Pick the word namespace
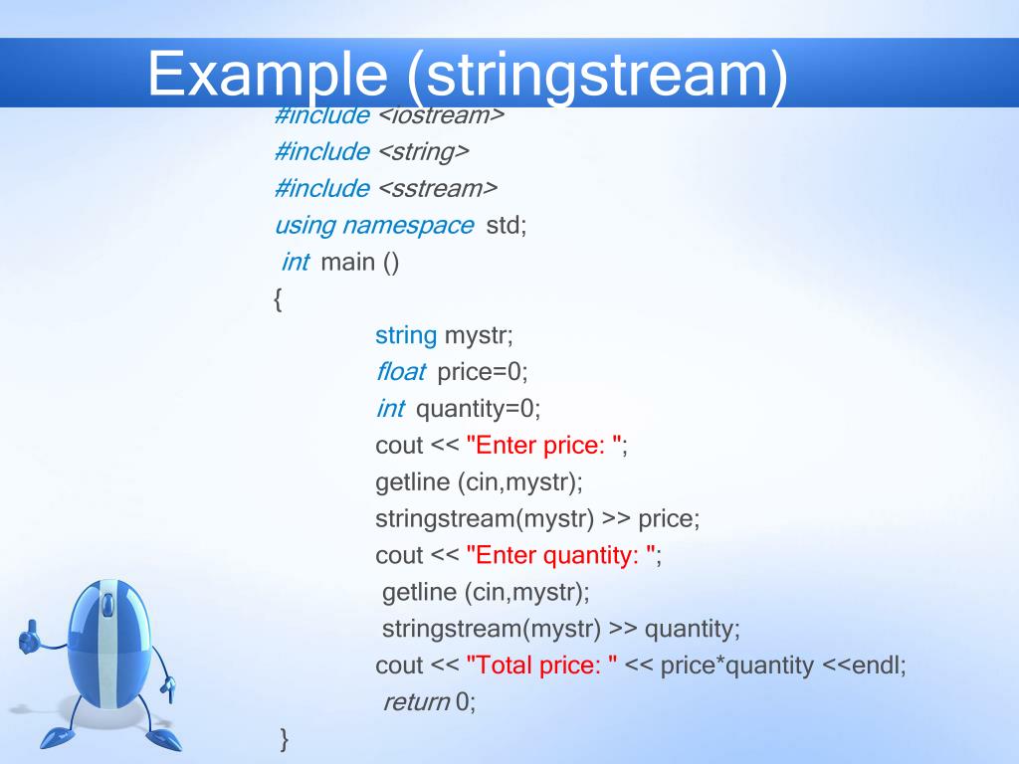408,225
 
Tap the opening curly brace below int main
277,298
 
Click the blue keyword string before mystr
406,335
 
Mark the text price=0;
483,372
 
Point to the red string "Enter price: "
543,446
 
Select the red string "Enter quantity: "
560,555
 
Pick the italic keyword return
417,702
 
